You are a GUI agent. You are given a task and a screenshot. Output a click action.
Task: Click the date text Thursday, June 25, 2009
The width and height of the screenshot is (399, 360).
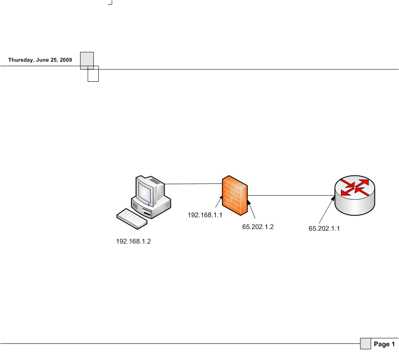coord(40,60)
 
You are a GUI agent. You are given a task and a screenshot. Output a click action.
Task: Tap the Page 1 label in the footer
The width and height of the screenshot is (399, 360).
coord(384,344)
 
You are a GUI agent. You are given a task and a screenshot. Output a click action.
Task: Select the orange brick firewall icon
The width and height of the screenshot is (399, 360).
coord(234,196)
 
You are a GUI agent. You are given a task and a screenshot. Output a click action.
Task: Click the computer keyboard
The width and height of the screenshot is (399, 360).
coord(132,218)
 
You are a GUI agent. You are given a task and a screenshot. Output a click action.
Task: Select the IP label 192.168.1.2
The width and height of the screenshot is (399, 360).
coord(133,241)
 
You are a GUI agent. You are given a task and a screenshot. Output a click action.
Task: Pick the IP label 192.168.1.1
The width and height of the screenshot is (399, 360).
coord(205,215)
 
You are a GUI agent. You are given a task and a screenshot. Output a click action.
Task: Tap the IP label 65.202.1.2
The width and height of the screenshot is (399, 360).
coord(258,227)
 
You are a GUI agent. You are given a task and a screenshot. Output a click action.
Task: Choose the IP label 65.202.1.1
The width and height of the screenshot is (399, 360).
coord(324,228)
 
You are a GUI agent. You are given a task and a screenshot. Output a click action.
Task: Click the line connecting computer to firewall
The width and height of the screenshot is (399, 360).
coord(193,184)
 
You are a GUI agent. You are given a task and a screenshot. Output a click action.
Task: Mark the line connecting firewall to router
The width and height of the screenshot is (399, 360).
coord(290,195)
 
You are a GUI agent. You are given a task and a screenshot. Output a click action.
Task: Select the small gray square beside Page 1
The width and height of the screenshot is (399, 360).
coord(365,344)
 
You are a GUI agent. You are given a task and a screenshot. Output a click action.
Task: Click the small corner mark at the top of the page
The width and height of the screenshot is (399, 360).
coord(110,3)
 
